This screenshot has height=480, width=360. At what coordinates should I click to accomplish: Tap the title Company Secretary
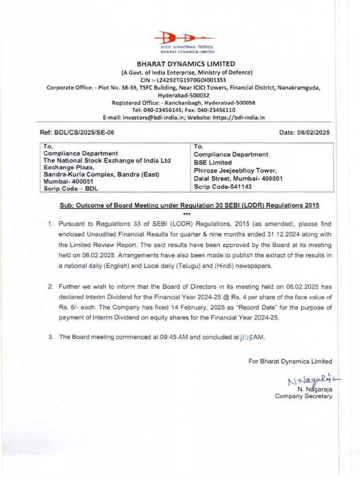[303, 396]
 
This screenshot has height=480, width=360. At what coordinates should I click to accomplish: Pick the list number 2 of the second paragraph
[51, 286]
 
